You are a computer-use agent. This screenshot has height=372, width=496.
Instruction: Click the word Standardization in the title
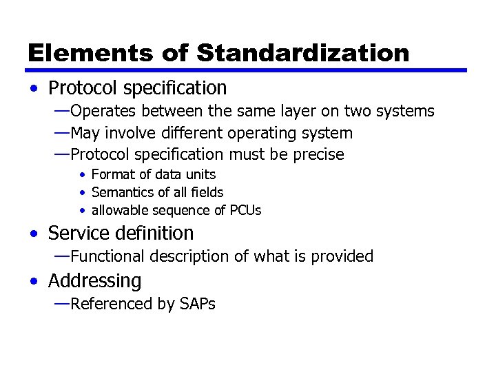pos(302,52)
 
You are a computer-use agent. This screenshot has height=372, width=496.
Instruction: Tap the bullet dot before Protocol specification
pos(34,89)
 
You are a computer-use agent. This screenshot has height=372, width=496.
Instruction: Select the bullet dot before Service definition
pos(34,234)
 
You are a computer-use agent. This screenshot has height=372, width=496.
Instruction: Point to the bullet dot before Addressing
pos(34,282)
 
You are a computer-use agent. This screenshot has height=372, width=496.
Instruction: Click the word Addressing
pos(94,281)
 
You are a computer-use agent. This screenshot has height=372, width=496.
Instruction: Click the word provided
pos(342,256)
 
